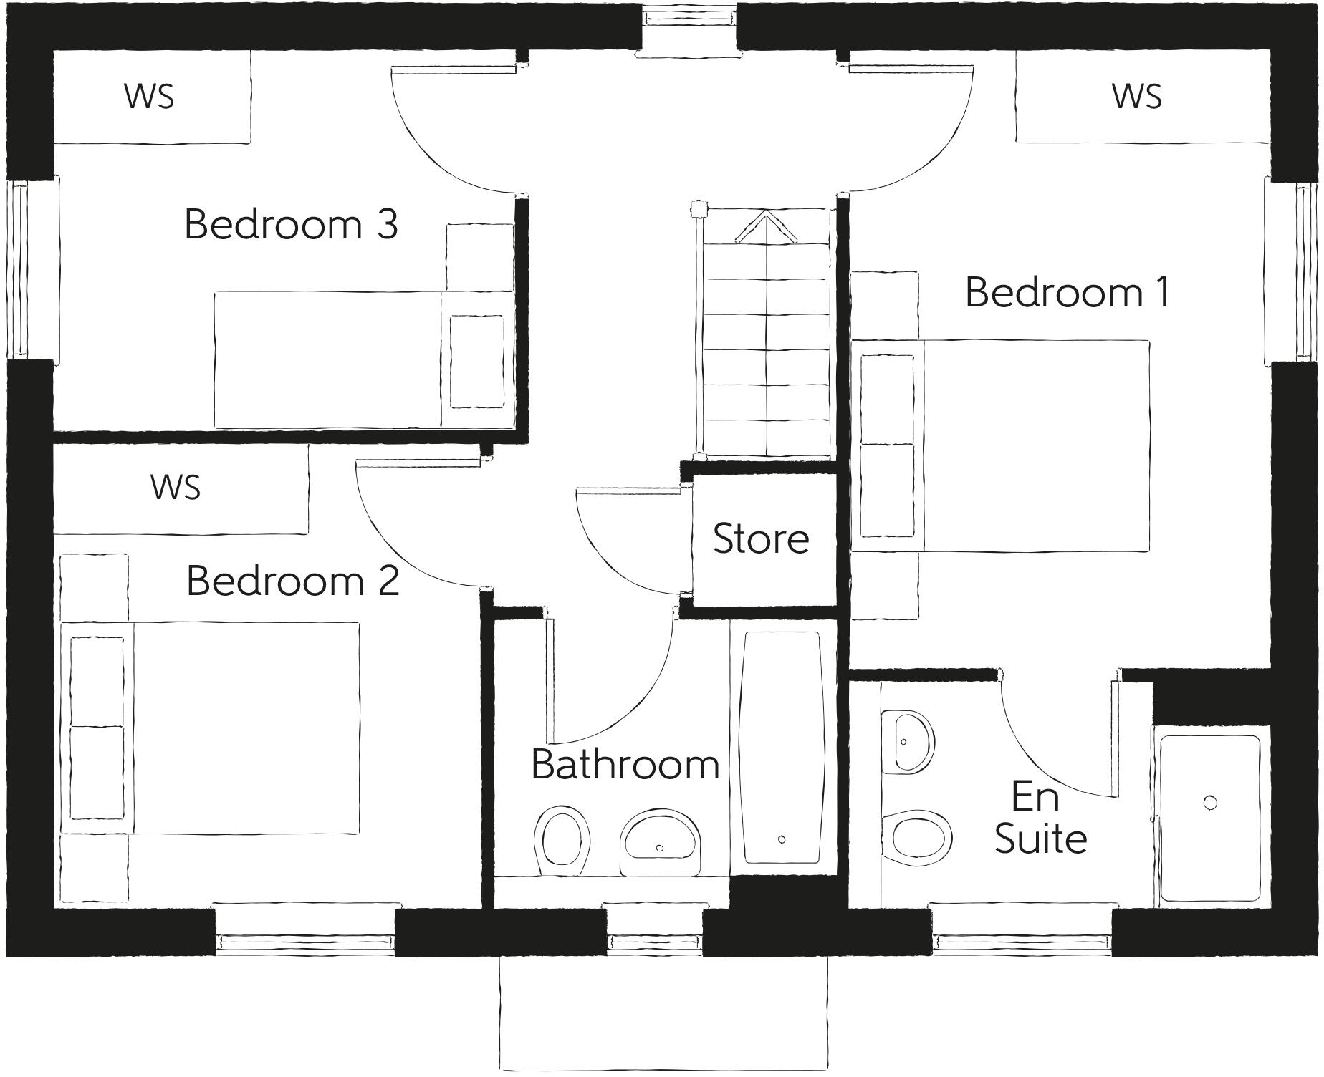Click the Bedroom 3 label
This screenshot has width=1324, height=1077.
pyautogui.click(x=291, y=225)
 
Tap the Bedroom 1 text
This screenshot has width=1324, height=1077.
pyautogui.click(x=1068, y=293)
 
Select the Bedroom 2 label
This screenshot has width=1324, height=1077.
pyautogui.click(x=292, y=581)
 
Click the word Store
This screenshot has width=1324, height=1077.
pyautogui.click(x=761, y=538)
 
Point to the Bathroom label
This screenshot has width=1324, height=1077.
pyautogui.click(x=625, y=765)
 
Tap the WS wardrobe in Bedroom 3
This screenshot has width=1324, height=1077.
pyautogui.click(x=150, y=97)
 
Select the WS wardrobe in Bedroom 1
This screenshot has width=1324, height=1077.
pyautogui.click(x=1138, y=97)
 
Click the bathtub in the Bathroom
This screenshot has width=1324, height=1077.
pyautogui.click(x=781, y=748)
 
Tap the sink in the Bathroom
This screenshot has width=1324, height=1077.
pyautogui.click(x=660, y=842)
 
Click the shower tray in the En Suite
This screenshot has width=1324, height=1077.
pyautogui.click(x=1209, y=818)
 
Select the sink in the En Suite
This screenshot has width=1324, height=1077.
pyautogui.click(x=907, y=742)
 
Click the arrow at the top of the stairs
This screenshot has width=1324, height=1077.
pyautogui.click(x=766, y=225)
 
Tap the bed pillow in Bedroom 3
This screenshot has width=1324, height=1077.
pyautogui.click(x=476, y=362)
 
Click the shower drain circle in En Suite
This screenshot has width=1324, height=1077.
pyautogui.click(x=1210, y=803)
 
